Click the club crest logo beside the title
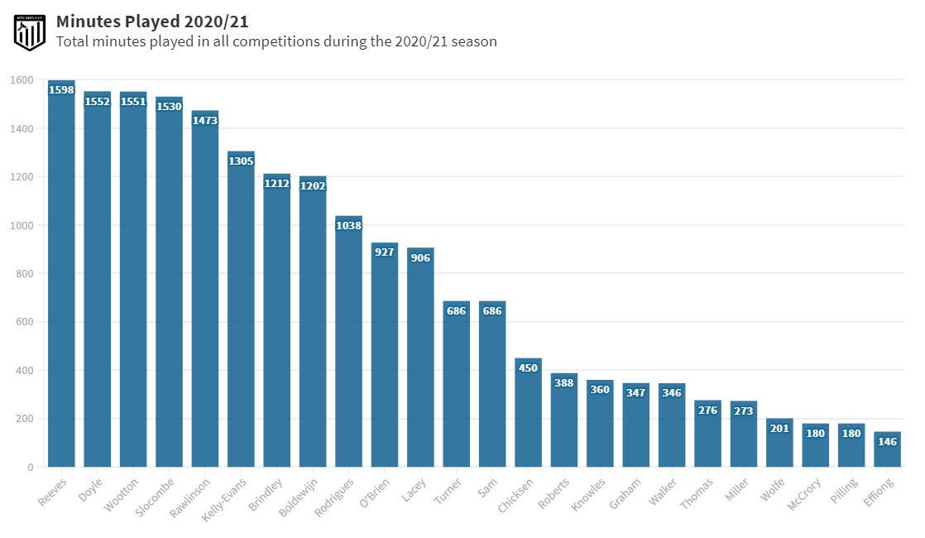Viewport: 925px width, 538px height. pyautogui.click(x=29, y=31)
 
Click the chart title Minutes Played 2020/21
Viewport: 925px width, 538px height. pyautogui.click(x=152, y=22)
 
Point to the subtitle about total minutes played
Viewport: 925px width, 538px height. pyautogui.click(x=276, y=41)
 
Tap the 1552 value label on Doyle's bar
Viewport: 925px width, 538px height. pyautogui.click(x=98, y=102)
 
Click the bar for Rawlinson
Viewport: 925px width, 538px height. pyautogui.click(x=205, y=290)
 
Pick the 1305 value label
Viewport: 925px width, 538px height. pyautogui.click(x=241, y=161)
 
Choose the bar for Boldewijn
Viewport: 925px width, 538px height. pyautogui.click(x=313, y=323)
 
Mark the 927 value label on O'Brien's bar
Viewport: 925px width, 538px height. pyautogui.click(x=385, y=252)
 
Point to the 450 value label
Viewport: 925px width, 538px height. pyautogui.click(x=528, y=368)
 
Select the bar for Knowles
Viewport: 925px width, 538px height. pyautogui.click(x=600, y=424)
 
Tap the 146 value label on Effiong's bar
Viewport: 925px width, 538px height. pyautogui.click(x=887, y=442)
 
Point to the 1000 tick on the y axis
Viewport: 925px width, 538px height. pyautogui.click(x=22, y=225)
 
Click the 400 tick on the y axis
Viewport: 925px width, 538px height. pyautogui.click(x=22, y=370)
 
